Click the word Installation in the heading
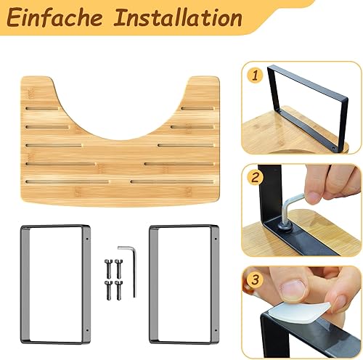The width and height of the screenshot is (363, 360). pos(178,17)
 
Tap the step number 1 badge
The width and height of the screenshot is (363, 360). pos(255,75)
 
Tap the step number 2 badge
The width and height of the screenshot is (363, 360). pos(256,178)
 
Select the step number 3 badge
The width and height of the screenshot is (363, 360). pos(255,280)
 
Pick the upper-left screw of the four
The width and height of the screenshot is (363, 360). pos(108,269)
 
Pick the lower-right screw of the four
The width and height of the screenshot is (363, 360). pos(118,290)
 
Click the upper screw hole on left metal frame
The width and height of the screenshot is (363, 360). pos(87,239)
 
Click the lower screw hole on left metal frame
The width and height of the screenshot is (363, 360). pos(87,330)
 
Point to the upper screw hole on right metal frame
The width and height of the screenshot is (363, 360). pos(216,239)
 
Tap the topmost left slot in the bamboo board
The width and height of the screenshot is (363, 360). pos(43,108)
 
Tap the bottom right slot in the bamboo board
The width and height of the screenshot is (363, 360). pos(172,181)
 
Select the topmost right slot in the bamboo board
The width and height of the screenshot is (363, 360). pos(198,108)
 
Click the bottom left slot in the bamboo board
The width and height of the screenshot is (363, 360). pos(68,181)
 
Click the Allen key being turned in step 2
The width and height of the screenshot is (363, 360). pos(290,209)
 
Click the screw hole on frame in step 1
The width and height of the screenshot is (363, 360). pos(333,147)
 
